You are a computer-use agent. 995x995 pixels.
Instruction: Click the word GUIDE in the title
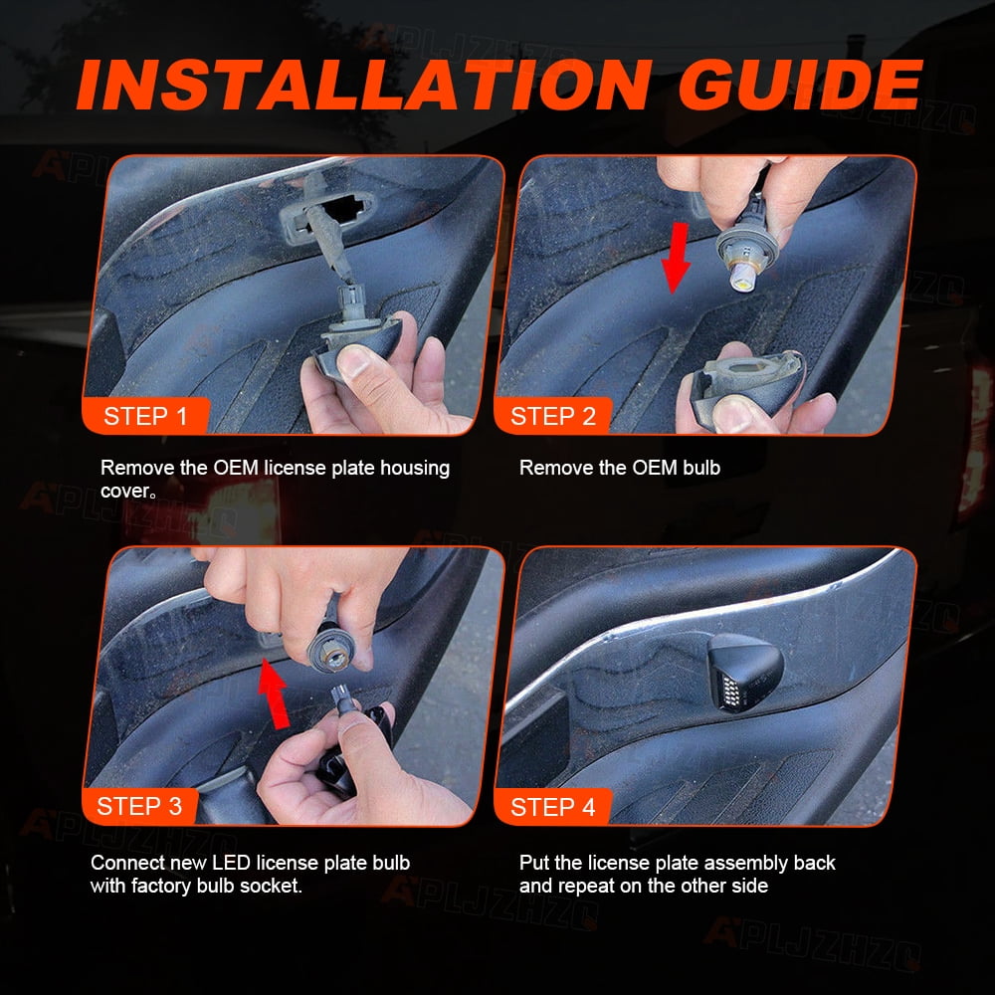click(800, 85)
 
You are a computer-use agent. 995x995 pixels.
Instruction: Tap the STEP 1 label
click(145, 416)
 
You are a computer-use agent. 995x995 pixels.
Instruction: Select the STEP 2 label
click(552, 416)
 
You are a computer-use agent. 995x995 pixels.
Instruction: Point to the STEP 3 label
click(139, 806)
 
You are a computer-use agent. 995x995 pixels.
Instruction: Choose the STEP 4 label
click(552, 807)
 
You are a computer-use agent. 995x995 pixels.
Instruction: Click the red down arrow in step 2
click(677, 258)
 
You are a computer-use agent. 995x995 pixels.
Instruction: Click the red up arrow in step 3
click(274, 693)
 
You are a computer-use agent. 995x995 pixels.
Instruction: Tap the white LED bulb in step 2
click(743, 279)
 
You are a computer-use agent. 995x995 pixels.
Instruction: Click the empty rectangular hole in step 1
click(343, 208)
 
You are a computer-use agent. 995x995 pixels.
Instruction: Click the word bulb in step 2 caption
click(701, 468)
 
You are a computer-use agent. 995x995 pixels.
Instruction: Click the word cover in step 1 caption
click(125, 492)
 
